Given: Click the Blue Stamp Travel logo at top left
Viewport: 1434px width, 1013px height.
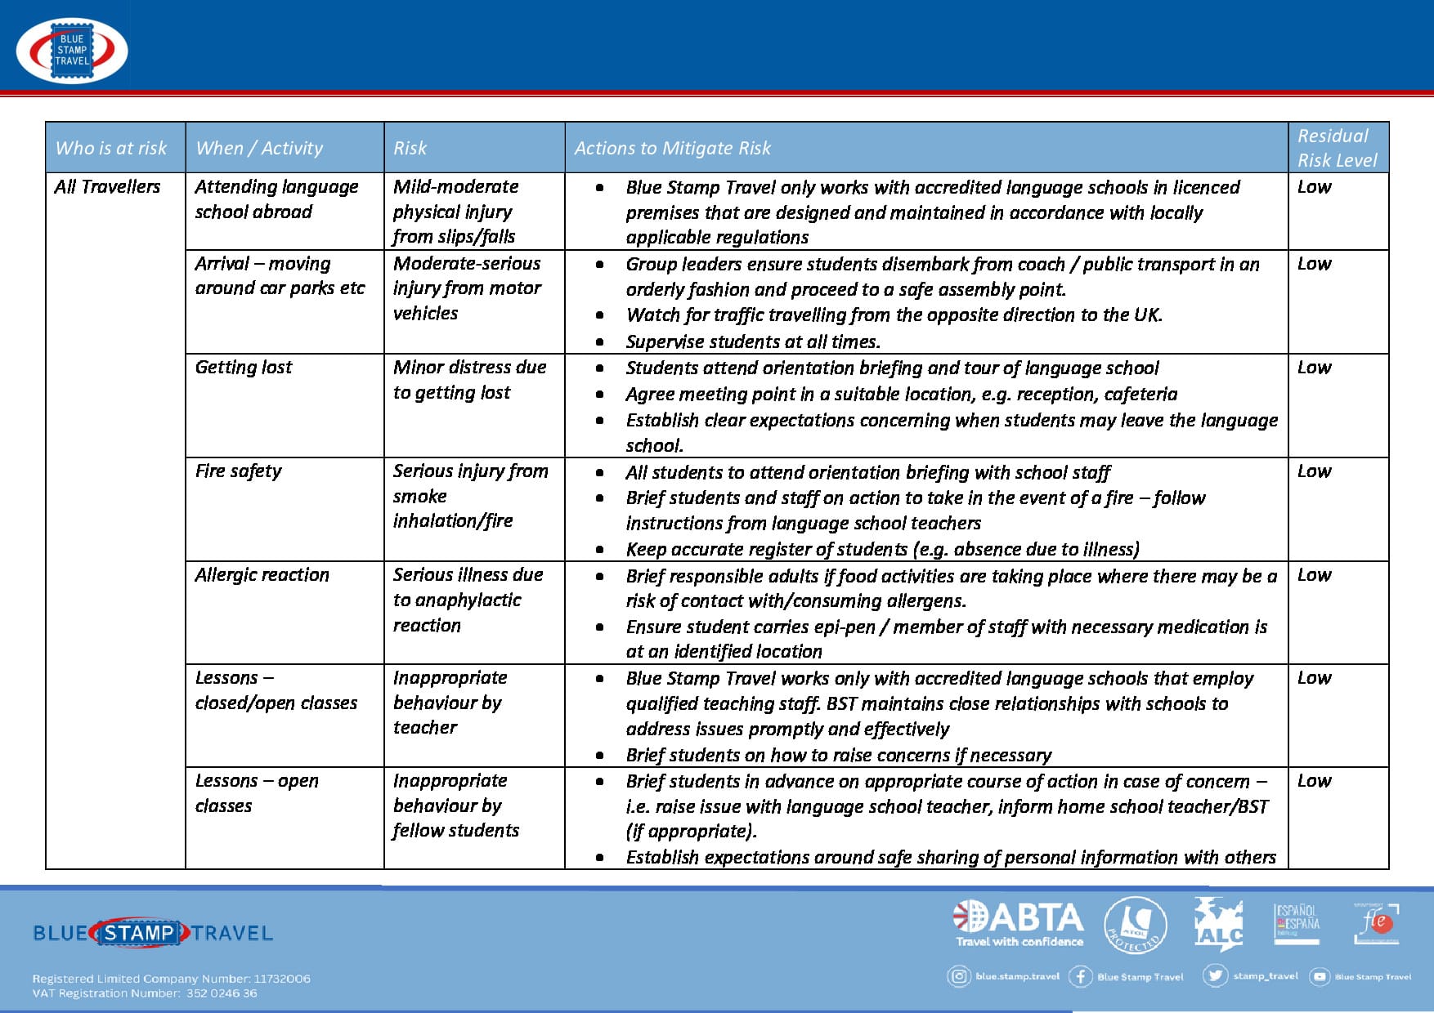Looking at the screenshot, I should pos(72,51).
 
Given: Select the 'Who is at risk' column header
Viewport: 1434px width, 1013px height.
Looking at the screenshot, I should pos(111,148).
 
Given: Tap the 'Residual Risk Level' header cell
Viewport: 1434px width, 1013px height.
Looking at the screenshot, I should pos(1337,148).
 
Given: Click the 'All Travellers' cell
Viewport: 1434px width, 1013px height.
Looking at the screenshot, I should pos(108,187).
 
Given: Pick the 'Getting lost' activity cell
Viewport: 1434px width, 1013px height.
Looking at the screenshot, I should pos(244,368).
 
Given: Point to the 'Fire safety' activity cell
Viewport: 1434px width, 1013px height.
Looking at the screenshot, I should pos(238,471).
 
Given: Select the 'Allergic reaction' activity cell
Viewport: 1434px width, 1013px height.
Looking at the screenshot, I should pos(262,575).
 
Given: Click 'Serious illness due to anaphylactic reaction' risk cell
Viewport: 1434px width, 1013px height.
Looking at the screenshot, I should pos(468,600).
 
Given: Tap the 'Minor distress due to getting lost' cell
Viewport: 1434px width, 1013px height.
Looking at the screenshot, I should pos(469,380).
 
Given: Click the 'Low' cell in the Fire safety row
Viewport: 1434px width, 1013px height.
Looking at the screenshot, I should pos(1314,471).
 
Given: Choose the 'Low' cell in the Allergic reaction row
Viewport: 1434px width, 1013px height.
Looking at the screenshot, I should pos(1314,575).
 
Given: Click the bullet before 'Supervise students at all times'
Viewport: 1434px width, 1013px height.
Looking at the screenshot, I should pos(600,342).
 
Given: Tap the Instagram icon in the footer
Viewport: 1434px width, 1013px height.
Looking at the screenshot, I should pos(958,976).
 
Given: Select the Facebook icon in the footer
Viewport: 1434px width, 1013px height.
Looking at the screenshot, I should pos(1080,976).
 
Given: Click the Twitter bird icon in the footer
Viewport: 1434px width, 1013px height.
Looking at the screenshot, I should pos(1215,975).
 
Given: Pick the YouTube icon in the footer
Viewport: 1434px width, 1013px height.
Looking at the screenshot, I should pos(1320,976).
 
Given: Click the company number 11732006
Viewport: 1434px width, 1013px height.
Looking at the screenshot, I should pos(282,979).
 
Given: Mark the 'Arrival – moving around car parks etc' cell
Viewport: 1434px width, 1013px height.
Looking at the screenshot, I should pos(280,276).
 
